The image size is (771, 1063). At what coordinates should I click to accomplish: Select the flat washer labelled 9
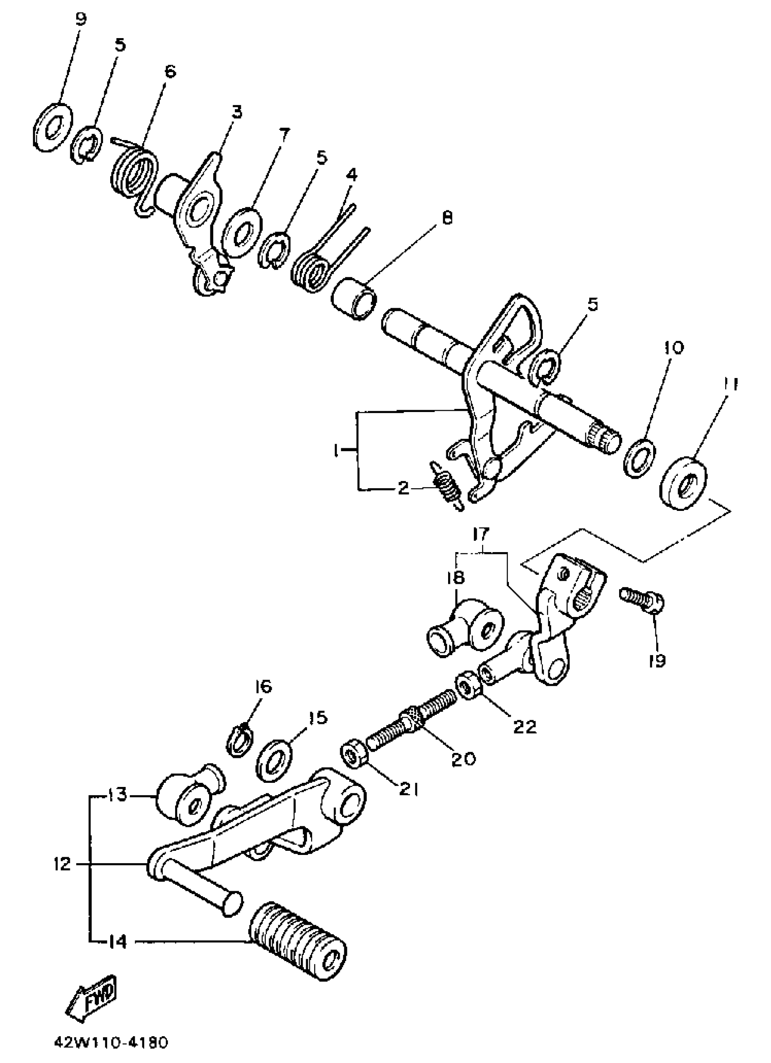pyautogui.click(x=53, y=126)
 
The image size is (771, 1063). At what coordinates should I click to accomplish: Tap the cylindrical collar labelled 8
pyautogui.click(x=354, y=299)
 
